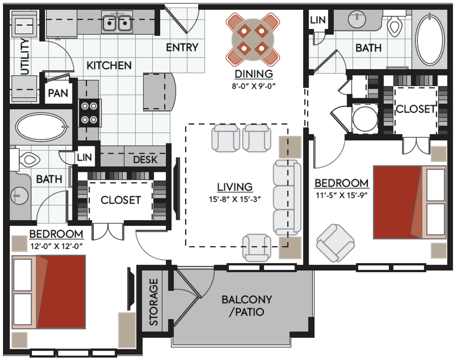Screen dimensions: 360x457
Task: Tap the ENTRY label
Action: [x=182, y=47]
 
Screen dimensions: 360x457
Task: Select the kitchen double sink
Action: [x=117, y=23]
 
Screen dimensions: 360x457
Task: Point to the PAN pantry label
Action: [x=58, y=93]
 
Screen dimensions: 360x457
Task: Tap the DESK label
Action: [x=145, y=160]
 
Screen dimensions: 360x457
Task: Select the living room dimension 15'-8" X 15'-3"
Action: [x=235, y=199]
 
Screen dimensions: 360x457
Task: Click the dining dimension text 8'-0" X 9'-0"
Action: [x=254, y=85]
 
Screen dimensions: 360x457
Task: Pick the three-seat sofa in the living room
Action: [x=285, y=197]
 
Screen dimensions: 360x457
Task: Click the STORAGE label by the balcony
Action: [x=153, y=302]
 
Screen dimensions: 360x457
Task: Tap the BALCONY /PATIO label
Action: [x=246, y=305]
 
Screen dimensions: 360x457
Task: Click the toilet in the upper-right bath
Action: [x=395, y=27]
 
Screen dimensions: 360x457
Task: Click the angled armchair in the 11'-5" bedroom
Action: [x=335, y=243]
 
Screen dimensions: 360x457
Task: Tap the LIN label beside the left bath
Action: [x=84, y=157]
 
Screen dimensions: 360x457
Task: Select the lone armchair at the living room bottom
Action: [x=257, y=247]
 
